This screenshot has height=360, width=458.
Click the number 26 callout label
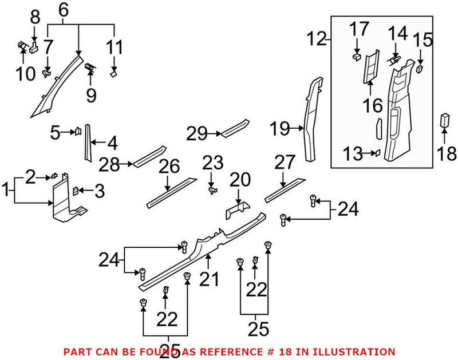(x=169, y=168)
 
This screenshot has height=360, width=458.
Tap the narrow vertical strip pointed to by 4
(x=88, y=143)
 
